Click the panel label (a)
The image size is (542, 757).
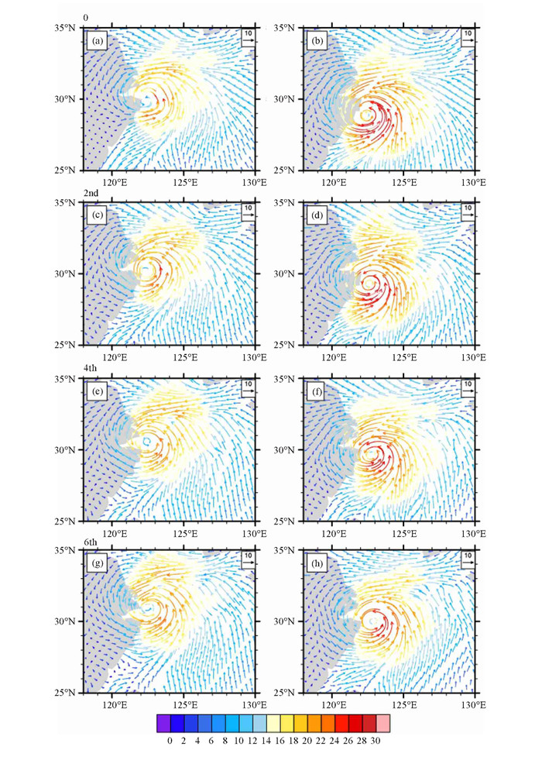[98, 41]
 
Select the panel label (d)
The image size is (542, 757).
[317, 215]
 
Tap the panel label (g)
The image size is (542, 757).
[98, 563]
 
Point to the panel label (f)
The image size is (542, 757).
[317, 390]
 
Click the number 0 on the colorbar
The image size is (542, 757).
[170, 741]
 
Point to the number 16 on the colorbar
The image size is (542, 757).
[279, 741]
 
